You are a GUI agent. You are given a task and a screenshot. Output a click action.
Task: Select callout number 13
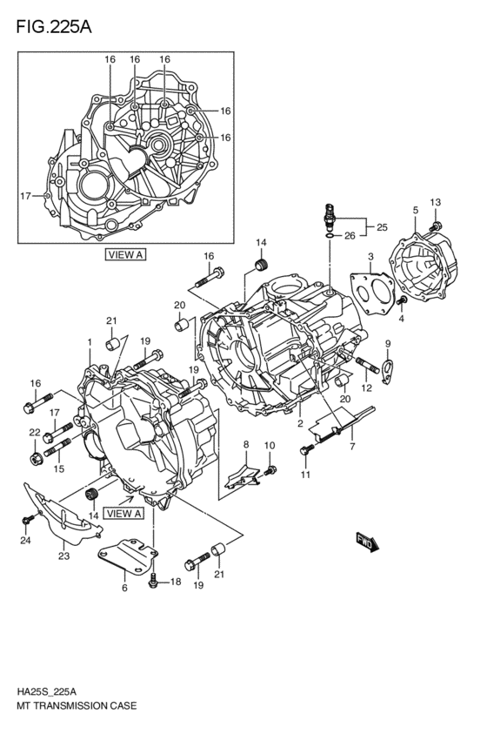(x=436, y=203)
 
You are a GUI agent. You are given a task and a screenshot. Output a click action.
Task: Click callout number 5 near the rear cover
(x=415, y=211)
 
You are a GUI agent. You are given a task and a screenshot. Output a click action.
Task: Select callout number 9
(x=388, y=343)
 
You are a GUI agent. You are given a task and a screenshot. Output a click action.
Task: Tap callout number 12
(x=367, y=387)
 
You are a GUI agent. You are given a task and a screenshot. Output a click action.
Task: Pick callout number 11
(x=305, y=475)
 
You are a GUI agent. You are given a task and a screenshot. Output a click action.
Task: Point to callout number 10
(x=270, y=446)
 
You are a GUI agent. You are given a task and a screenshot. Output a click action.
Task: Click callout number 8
(x=246, y=444)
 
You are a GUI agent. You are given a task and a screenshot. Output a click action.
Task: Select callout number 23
(x=63, y=556)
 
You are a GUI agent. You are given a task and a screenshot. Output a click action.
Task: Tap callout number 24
(x=25, y=541)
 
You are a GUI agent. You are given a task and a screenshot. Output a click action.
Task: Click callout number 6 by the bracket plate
(x=124, y=589)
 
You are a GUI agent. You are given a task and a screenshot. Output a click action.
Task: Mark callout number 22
(x=34, y=433)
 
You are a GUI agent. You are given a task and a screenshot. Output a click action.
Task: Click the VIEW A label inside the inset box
(x=125, y=255)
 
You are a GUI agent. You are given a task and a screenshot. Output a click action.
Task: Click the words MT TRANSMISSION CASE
(x=74, y=708)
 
